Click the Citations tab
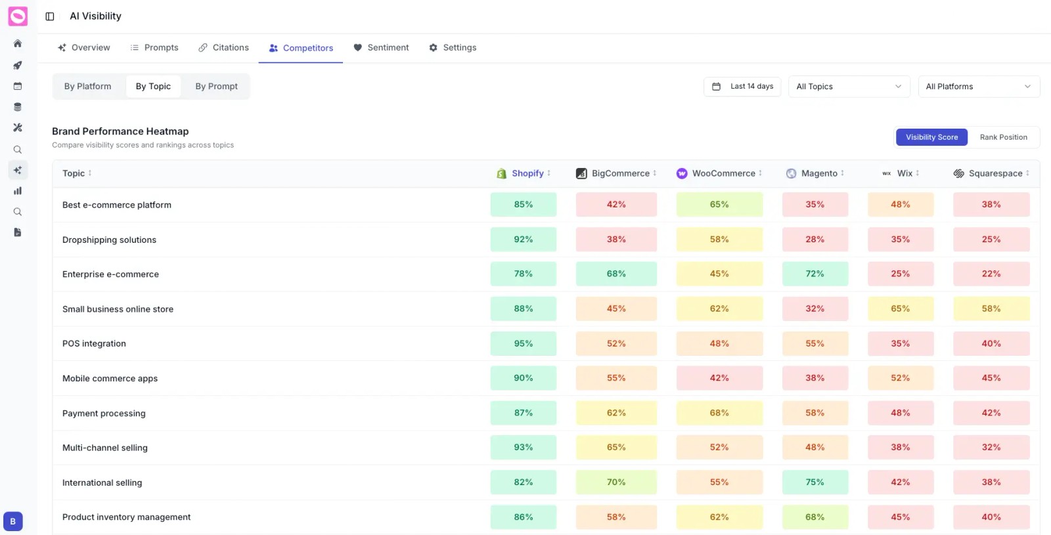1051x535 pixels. pos(224,48)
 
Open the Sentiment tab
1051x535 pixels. pos(381,48)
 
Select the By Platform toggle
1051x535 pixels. pos(88,87)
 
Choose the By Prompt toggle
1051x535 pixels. pos(216,87)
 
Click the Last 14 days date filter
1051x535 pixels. pos(742,87)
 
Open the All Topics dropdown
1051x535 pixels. pos(849,87)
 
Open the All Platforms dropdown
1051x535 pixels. pos(978,87)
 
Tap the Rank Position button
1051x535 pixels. pos(1003,137)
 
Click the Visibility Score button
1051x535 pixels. pos(931,137)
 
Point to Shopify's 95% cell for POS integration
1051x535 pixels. pos(523,344)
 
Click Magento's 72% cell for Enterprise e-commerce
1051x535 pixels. pos(815,274)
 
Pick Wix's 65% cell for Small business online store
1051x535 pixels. pos(900,309)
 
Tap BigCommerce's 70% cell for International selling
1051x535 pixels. pos(616,482)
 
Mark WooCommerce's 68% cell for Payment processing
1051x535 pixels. pos(719,413)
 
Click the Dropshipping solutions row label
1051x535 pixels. pos(109,240)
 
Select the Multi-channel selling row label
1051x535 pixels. pos(105,448)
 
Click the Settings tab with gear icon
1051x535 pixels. pos(453,48)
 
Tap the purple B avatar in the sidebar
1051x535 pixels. pos(13,521)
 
